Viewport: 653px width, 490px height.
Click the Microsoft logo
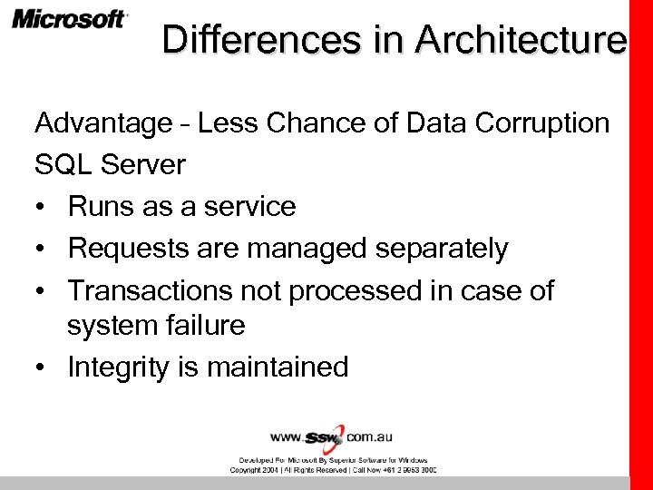(x=69, y=19)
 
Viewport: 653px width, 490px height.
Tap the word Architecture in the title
(x=521, y=39)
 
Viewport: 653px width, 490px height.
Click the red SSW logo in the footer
(x=325, y=438)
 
